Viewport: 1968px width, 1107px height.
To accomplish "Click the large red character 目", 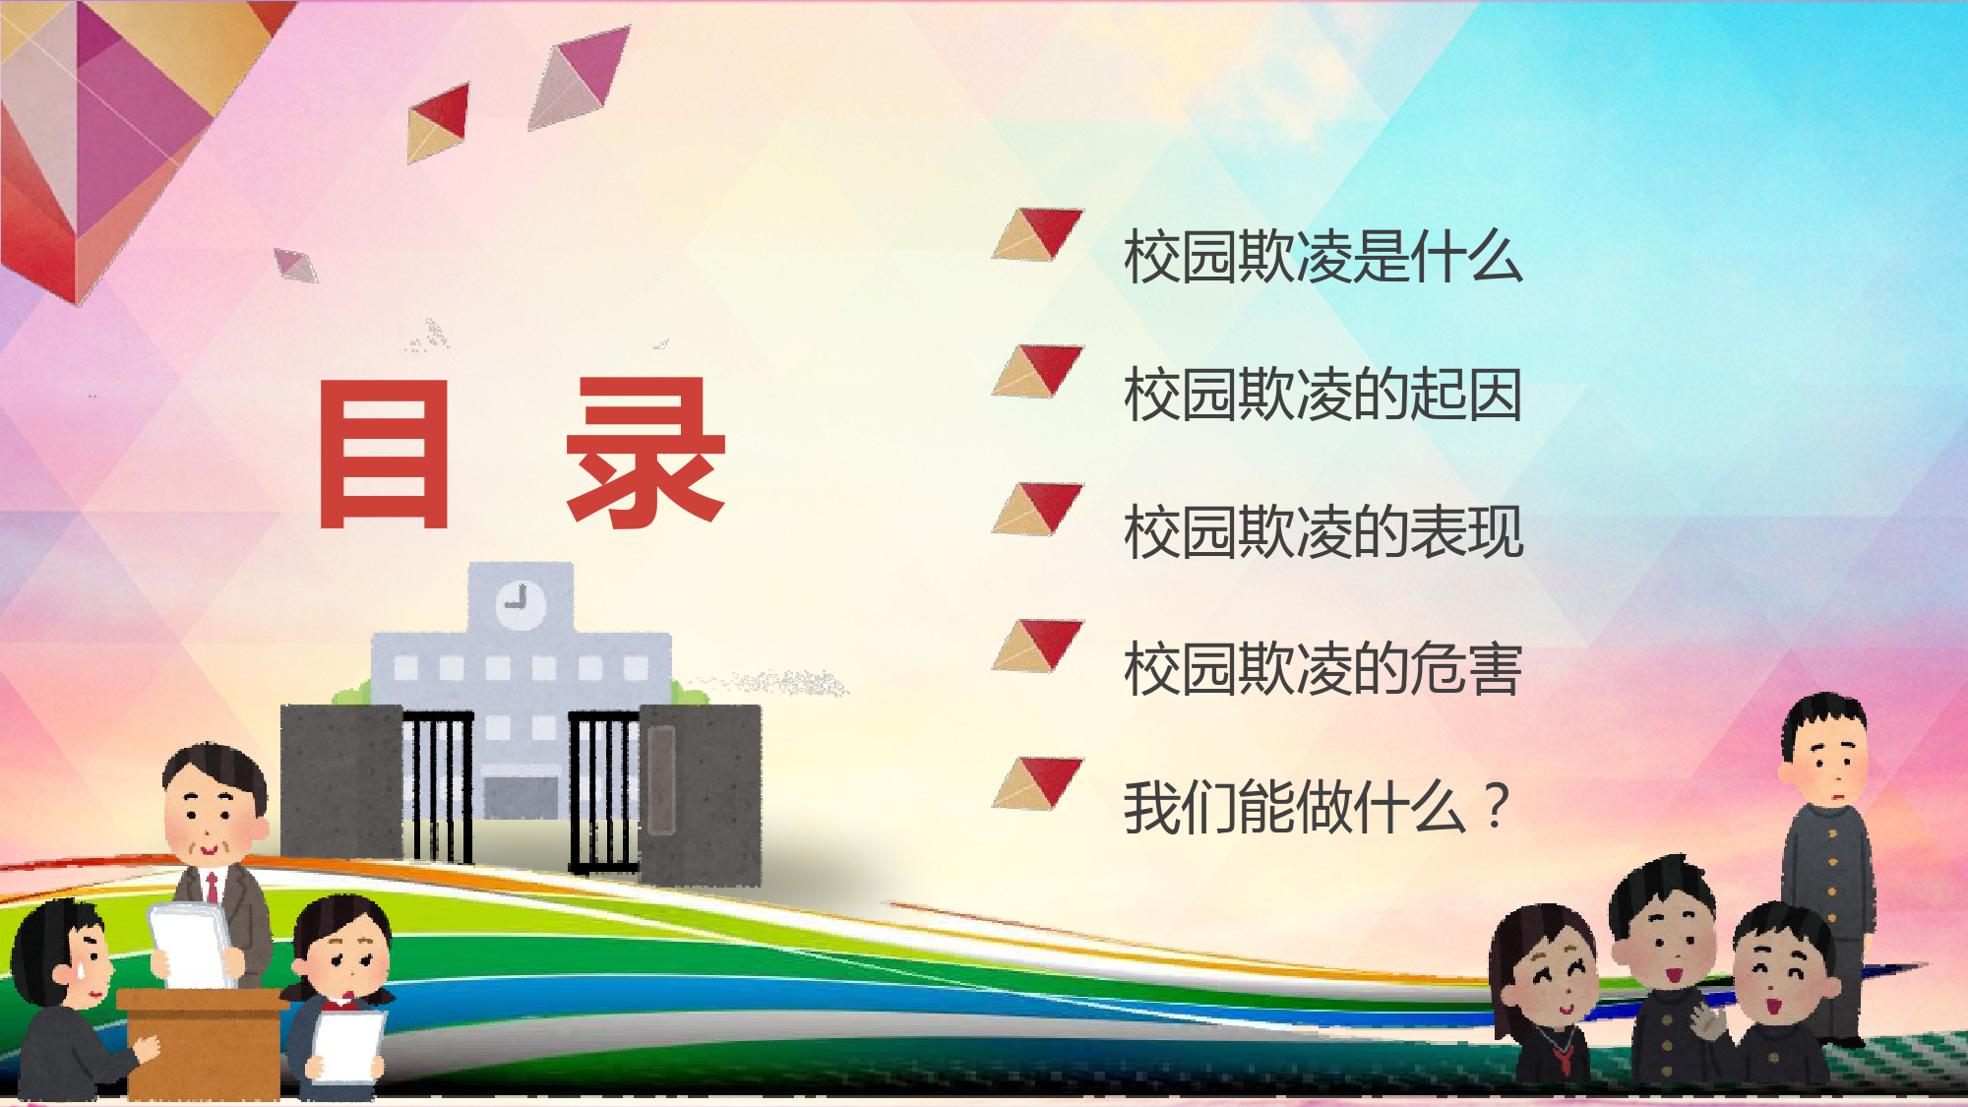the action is [384, 454].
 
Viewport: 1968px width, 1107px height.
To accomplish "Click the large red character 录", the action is [646, 454].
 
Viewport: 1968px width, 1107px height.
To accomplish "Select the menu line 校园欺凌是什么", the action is [1323, 257].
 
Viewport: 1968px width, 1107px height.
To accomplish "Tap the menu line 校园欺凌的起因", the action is [1323, 395].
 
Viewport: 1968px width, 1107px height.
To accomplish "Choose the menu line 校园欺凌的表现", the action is [1323, 532].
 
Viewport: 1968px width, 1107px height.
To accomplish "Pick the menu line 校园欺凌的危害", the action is [1323, 669].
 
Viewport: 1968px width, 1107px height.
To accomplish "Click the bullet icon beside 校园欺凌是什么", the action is [1038, 234].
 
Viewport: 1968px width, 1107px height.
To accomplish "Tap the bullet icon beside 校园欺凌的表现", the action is [1038, 509].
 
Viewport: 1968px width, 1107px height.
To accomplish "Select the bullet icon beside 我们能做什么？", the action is [1038, 783].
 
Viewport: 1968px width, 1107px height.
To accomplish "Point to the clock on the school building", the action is [520, 602].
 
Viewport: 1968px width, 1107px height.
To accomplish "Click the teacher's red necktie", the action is [212, 888].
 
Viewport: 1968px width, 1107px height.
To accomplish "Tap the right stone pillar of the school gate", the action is [700, 793].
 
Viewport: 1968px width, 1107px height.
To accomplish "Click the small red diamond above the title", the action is [438, 123].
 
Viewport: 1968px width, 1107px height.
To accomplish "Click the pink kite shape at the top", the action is [579, 77].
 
